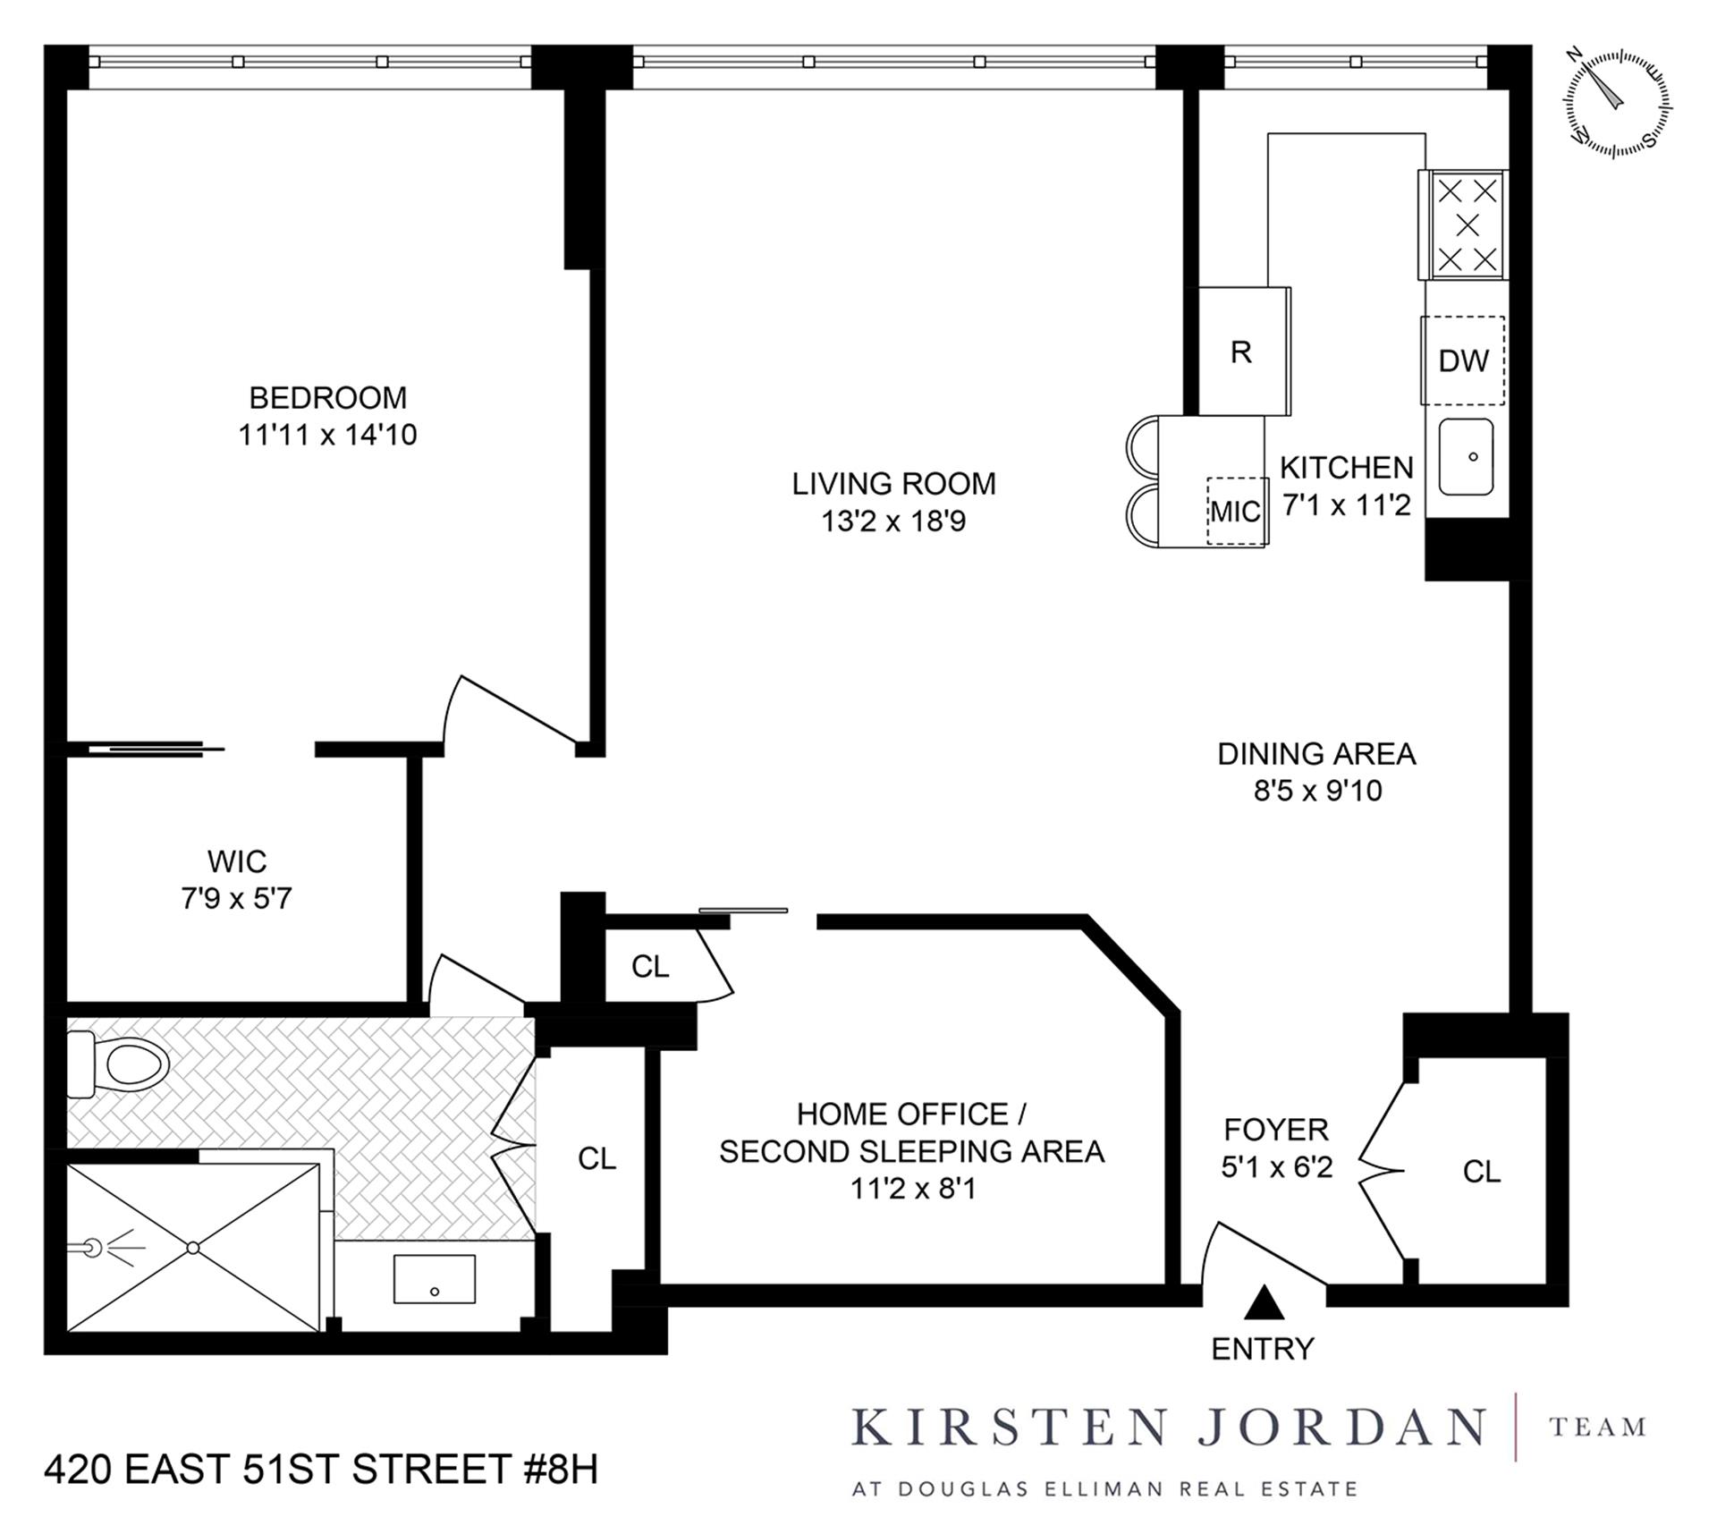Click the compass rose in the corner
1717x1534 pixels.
pos(1618,104)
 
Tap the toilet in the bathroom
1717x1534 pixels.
pos(125,1064)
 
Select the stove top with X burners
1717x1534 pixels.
pos(1467,225)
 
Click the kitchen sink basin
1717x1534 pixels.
pos(1466,457)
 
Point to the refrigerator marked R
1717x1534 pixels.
pos(1241,352)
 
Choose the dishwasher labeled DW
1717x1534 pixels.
pos(1463,360)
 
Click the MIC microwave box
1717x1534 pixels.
pos(1236,511)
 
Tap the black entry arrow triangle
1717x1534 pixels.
pos(1264,1303)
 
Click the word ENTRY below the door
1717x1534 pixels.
pos(1263,1348)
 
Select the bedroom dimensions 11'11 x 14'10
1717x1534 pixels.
pos(327,435)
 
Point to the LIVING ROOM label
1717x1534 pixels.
pos(893,484)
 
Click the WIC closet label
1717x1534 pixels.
pos(237,861)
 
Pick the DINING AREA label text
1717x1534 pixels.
pos(1316,754)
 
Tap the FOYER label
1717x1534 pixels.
pos(1276,1130)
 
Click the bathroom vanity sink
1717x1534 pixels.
pos(435,1278)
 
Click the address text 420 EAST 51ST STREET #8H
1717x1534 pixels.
pos(321,1470)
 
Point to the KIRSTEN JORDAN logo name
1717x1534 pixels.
pos(1168,1428)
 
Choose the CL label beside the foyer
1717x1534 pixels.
pos(1482,1171)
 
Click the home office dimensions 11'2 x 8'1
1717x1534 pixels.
pos(912,1189)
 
